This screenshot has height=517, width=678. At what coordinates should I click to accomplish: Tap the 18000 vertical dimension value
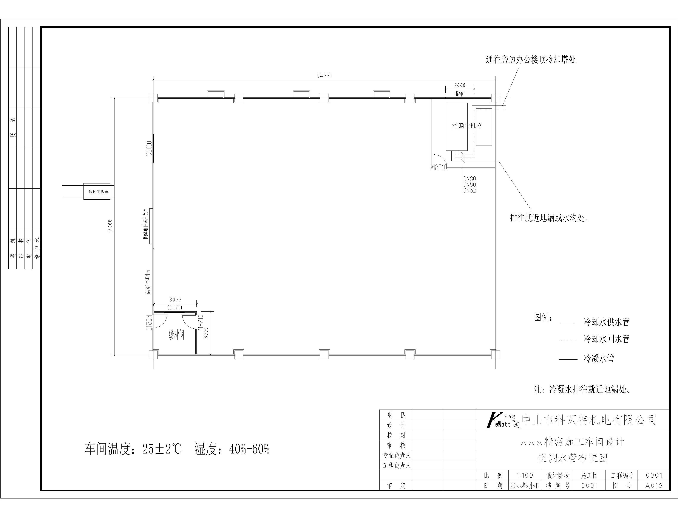[110, 226]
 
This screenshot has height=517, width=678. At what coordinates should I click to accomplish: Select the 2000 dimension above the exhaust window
[460, 85]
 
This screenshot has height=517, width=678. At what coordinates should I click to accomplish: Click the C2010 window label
[149, 149]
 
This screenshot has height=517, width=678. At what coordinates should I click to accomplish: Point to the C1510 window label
[175, 308]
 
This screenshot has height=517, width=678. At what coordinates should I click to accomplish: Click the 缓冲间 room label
[176, 335]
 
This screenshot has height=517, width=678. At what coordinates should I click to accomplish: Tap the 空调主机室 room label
[467, 126]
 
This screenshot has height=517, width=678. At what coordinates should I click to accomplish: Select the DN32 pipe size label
[469, 191]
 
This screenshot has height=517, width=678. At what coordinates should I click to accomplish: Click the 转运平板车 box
[97, 191]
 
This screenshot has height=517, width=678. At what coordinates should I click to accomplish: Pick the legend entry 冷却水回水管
[606, 339]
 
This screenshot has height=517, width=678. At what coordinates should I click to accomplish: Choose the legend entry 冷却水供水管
[606, 322]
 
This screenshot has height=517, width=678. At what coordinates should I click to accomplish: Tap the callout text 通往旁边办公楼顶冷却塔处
[531, 60]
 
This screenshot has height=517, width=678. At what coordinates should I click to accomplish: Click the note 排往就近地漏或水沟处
[549, 218]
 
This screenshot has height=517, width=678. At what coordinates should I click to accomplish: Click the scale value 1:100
[525, 475]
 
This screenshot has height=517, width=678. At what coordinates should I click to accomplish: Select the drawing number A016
[654, 486]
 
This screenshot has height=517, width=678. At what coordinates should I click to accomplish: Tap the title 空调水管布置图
[573, 458]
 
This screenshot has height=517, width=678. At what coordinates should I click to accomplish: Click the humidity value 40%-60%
[249, 449]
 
